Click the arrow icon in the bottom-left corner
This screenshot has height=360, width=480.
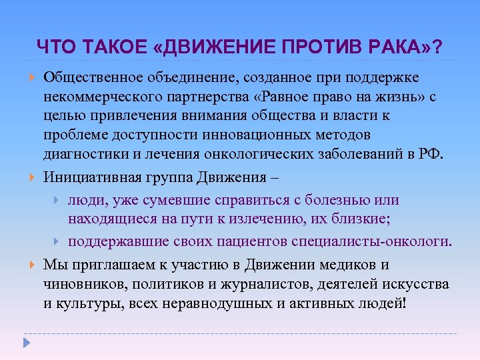pos(27,344)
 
